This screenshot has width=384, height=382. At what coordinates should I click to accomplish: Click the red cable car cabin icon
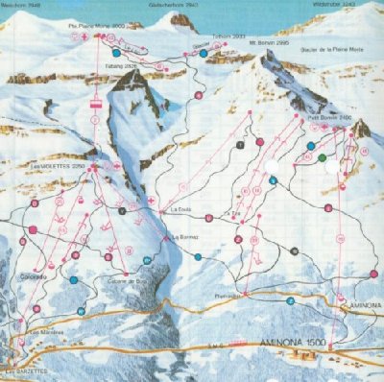click(x=96, y=100)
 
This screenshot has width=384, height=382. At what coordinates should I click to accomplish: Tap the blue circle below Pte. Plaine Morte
click(x=115, y=52)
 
